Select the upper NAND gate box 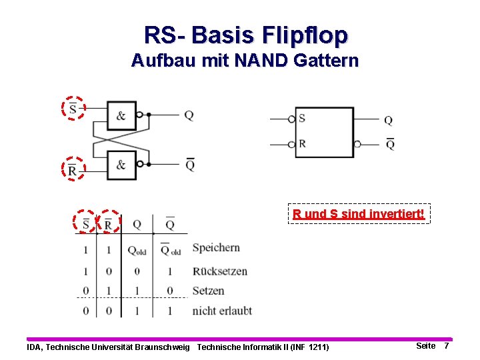click(x=121, y=115)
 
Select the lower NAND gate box click(x=121, y=165)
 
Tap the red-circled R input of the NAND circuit click(x=73, y=169)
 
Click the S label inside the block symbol click(x=302, y=119)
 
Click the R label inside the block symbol click(x=302, y=143)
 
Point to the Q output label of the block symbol click(x=388, y=121)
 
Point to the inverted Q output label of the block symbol click(x=390, y=144)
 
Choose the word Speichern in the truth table click(x=216, y=248)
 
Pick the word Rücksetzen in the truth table click(x=219, y=271)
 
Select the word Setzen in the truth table click(x=208, y=291)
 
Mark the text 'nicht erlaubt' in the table click(x=222, y=311)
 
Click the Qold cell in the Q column click(x=137, y=251)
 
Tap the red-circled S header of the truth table click(x=85, y=223)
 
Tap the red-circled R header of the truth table click(x=108, y=223)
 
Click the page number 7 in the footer click(x=447, y=346)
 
